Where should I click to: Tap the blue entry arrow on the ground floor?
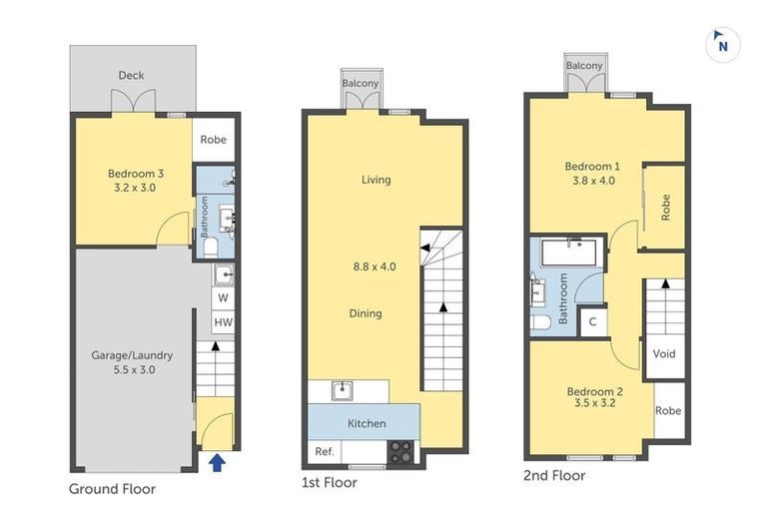coord(216,460)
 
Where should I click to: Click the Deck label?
coord(131,75)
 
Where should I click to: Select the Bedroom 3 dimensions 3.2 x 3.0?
coord(135,187)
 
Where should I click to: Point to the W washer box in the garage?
coord(223,298)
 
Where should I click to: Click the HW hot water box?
coord(223,322)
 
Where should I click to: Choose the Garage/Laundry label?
coord(132,354)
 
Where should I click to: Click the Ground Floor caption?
coord(113,489)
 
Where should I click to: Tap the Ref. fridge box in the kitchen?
coord(324,452)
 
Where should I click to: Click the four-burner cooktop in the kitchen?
coord(401,451)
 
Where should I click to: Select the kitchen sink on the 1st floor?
coord(340,388)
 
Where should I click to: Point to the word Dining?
coord(365,313)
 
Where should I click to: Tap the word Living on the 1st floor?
coord(376,180)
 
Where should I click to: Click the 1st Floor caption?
coord(329,483)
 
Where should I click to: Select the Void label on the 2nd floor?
coord(664,354)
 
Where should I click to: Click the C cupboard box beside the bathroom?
coord(592,321)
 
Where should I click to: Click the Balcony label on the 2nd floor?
coord(584,66)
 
